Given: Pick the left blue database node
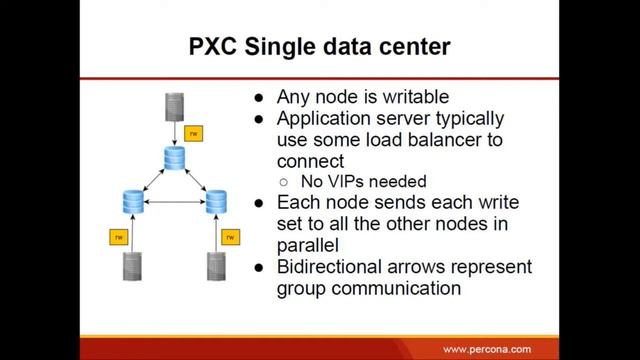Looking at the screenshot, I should tap(131, 201).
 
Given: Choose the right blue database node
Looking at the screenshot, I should tap(217, 201).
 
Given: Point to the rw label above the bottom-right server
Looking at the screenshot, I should tap(232, 237).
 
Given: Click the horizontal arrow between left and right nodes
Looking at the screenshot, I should tap(174, 203).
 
